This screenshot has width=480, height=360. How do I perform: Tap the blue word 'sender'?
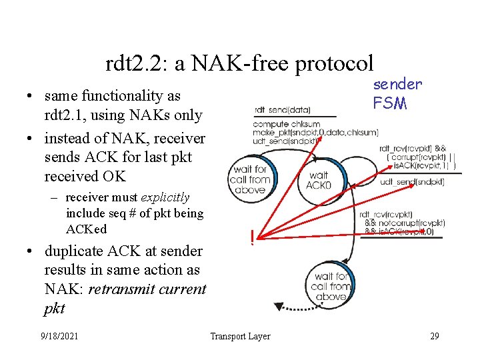(397, 84)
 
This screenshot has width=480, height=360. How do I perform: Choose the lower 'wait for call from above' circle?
(331, 285)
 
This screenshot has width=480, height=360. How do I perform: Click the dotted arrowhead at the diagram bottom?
(278, 307)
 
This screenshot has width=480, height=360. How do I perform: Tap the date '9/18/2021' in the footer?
(59, 336)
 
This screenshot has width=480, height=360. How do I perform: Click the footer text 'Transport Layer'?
(240, 336)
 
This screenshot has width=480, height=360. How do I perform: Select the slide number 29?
(434, 336)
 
